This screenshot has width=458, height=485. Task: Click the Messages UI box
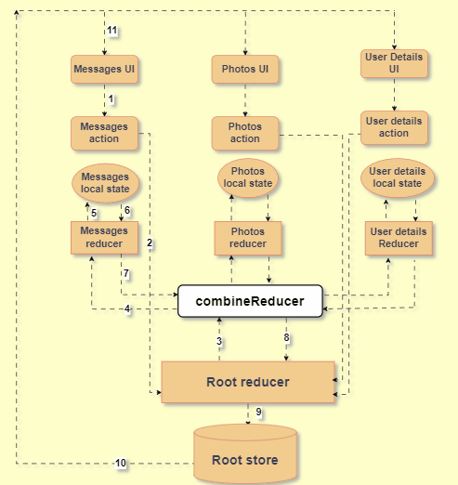pyautogui.click(x=104, y=69)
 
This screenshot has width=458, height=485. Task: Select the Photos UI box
pyautogui.click(x=245, y=69)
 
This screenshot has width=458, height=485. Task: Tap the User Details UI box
pyautogui.click(x=394, y=63)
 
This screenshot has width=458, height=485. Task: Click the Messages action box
pyautogui.click(x=104, y=132)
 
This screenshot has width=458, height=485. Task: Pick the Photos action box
pyautogui.click(x=245, y=132)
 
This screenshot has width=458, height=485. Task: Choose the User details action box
pyautogui.click(x=394, y=127)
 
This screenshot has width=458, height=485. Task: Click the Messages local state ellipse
pyautogui.click(x=104, y=182)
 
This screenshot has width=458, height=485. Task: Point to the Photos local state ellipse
pyautogui.click(x=248, y=177)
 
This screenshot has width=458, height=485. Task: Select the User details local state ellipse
pyautogui.click(x=397, y=177)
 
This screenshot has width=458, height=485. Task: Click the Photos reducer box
pyautogui.click(x=248, y=238)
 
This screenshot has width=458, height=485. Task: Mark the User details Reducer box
pyautogui.click(x=398, y=237)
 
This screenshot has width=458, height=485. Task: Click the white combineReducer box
pyautogui.click(x=250, y=301)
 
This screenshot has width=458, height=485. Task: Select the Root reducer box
pyautogui.click(x=248, y=381)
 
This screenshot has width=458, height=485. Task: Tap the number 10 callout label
pyautogui.click(x=121, y=463)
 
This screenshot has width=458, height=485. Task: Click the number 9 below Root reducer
pyautogui.click(x=259, y=412)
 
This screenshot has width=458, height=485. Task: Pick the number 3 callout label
pyautogui.click(x=219, y=342)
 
